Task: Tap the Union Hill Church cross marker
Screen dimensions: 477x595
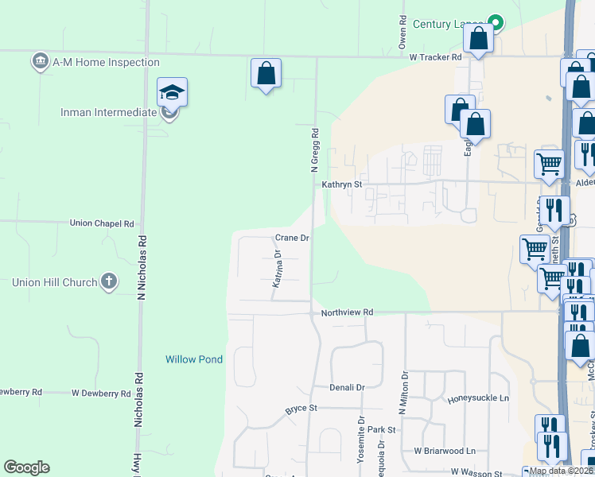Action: (x=109, y=281)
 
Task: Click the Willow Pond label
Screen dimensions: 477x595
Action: (x=194, y=359)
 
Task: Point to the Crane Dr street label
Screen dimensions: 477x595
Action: (x=292, y=238)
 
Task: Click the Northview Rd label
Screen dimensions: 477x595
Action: (x=347, y=313)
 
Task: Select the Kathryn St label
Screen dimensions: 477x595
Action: (x=342, y=184)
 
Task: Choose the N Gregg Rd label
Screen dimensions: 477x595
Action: (x=315, y=151)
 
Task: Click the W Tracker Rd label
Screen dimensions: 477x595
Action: (x=435, y=57)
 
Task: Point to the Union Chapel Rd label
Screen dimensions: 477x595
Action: (x=102, y=223)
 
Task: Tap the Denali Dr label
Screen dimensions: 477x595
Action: (x=347, y=387)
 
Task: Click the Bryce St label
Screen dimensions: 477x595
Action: (x=301, y=409)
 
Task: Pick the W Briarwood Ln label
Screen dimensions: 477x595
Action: (x=444, y=451)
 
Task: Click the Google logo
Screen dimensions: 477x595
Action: (x=26, y=467)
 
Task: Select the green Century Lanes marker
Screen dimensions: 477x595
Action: (x=496, y=23)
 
